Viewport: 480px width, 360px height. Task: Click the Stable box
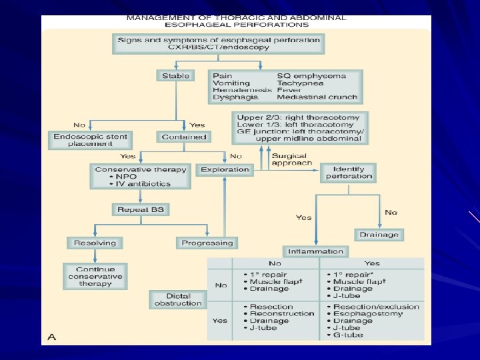[175, 76]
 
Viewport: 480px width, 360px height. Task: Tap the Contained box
[183, 137]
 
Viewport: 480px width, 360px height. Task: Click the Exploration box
[225, 169]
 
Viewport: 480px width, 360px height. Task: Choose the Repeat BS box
[140, 210]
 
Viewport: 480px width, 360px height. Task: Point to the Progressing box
[208, 243]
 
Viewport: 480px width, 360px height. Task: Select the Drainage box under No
[379, 234]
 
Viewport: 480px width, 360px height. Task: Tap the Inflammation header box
[316, 251]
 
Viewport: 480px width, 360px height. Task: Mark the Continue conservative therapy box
[95, 276]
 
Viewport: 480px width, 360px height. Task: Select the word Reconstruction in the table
[283, 313]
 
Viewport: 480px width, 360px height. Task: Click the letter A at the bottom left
[51, 337]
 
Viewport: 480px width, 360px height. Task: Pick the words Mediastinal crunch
[317, 97]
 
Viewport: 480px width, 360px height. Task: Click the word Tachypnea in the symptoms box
[301, 83]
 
